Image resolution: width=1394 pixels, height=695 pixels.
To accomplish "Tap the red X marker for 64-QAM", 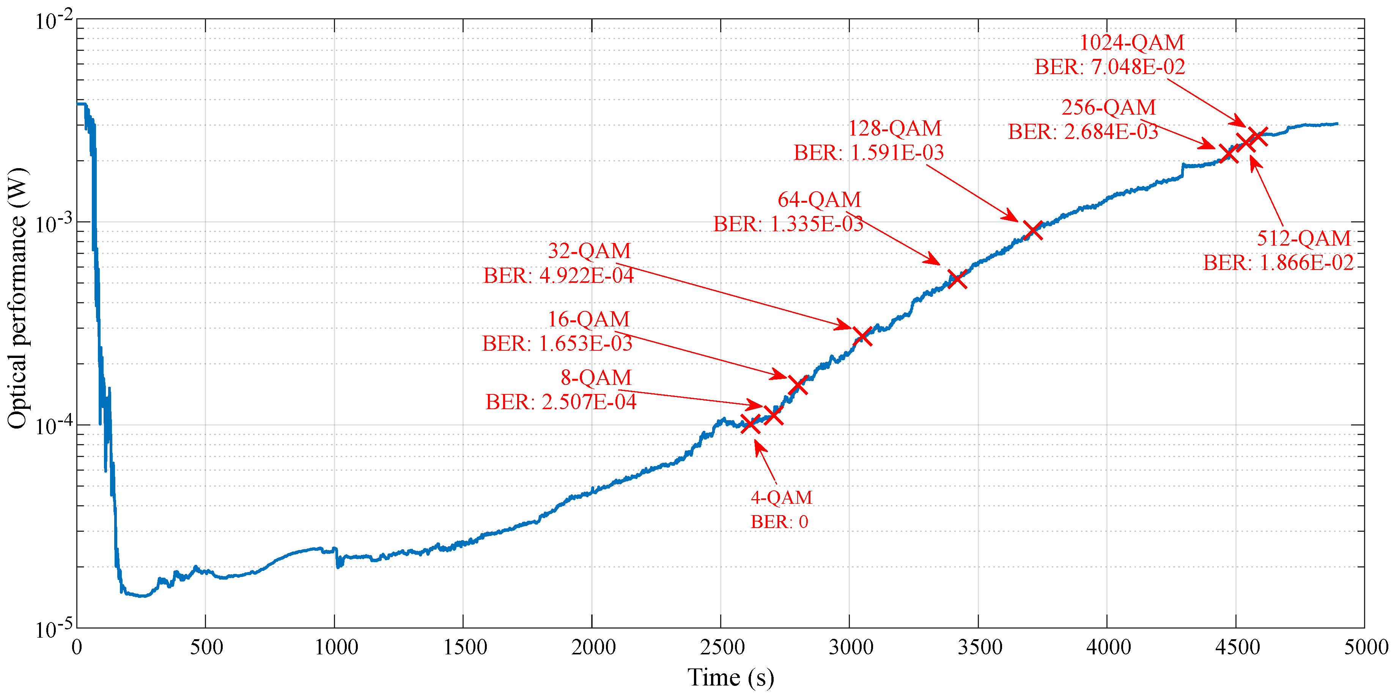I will (x=957, y=279).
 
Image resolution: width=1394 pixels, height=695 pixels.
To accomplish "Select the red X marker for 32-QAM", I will (x=862, y=336).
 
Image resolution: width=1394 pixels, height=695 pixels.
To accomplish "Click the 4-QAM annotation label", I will (x=781, y=497).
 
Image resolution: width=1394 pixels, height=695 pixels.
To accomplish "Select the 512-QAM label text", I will (x=1303, y=238).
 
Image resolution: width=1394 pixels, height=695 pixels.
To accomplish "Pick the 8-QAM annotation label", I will (x=596, y=377).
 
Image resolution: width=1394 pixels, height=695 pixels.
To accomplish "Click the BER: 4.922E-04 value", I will (x=558, y=276).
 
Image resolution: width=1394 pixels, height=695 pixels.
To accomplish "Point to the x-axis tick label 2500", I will (x=721, y=648).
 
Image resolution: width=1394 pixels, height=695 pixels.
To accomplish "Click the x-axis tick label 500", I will (x=206, y=648).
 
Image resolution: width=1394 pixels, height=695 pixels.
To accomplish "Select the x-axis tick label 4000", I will (x=1108, y=648).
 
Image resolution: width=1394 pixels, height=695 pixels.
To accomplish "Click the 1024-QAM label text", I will (x=1131, y=42).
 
